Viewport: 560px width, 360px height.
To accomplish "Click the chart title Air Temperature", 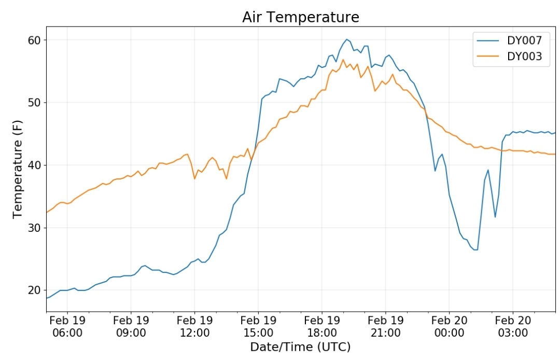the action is [x=301, y=17].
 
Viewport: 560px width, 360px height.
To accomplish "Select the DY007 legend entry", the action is [x=509, y=40].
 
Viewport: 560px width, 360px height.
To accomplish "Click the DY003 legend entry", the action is [x=509, y=56].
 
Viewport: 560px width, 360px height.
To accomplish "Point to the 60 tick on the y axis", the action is [x=34, y=40].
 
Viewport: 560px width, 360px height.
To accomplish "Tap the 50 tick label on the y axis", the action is [x=34, y=103].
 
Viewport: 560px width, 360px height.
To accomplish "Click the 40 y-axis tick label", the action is [x=34, y=165].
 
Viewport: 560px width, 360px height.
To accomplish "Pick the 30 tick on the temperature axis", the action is [x=34, y=228].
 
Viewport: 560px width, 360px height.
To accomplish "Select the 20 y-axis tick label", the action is [x=34, y=290].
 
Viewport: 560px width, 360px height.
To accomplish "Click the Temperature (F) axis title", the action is [x=18, y=169].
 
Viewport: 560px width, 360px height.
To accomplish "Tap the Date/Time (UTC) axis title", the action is [x=300, y=347].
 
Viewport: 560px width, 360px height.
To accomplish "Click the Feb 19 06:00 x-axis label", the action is [x=67, y=326].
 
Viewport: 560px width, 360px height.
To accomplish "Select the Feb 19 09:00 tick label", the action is [x=131, y=326].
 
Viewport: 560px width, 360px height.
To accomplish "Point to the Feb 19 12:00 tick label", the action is [x=194, y=326].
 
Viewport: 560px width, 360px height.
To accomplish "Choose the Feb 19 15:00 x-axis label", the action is [x=258, y=326].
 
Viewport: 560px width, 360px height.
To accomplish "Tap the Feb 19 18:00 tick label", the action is [x=322, y=326].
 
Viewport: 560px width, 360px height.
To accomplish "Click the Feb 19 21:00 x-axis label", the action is [x=385, y=326].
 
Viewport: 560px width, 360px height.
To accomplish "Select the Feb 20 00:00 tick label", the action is [x=449, y=326].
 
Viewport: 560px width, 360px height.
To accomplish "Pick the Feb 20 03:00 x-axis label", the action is [x=513, y=326].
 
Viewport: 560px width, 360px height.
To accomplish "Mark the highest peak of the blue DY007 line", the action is [x=346, y=39].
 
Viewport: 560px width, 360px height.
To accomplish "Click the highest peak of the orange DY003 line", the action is [x=343, y=60].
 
